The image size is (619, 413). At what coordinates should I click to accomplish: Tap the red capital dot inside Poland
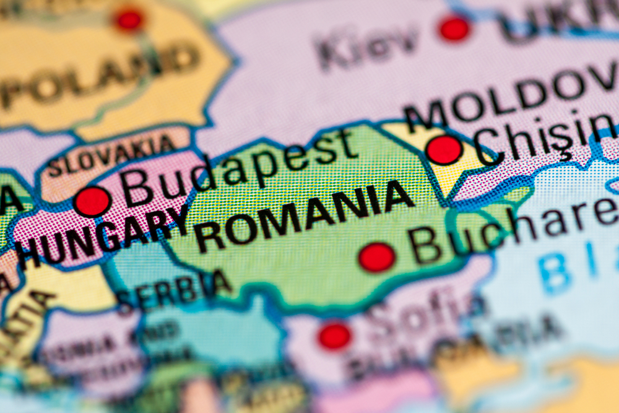click(129, 20)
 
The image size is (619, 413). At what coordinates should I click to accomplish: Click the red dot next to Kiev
click(455, 28)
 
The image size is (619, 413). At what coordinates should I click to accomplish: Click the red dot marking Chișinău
click(444, 150)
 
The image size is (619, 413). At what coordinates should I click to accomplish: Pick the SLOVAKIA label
click(111, 155)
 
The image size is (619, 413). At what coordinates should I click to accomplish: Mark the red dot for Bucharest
click(377, 257)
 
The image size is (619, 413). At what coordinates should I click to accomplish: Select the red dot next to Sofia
click(334, 336)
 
